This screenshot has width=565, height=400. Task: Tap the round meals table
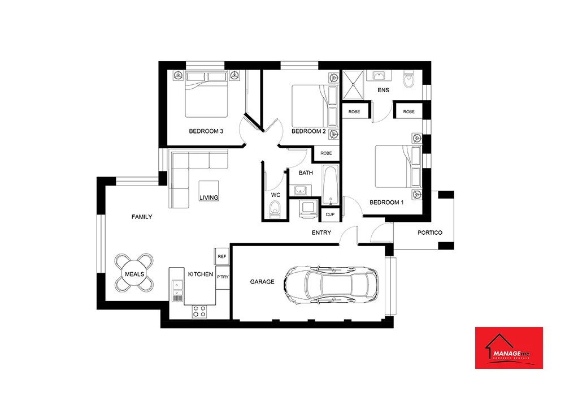(134, 273)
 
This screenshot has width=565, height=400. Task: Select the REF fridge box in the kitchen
(222, 256)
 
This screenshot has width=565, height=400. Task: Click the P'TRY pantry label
(222, 277)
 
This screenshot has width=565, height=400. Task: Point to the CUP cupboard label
(329, 215)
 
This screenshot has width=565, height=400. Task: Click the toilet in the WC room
(275, 211)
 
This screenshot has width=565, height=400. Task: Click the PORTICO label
(429, 233)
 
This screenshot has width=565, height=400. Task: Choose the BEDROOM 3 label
(206, 131)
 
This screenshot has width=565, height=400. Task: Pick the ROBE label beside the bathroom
(326, 153)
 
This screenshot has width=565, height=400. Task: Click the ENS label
(383, 91)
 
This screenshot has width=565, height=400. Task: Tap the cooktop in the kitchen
(199, 311)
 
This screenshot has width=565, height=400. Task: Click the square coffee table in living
(208, 190)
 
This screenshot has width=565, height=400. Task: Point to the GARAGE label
(262, 282)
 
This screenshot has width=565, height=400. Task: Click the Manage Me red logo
(508, 347)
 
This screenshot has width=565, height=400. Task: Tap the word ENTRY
(321, 233)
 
